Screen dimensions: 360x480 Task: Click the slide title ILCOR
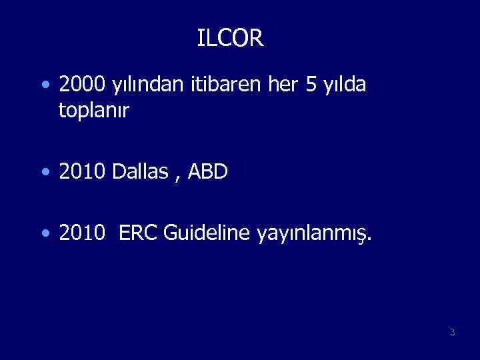click(231, 39)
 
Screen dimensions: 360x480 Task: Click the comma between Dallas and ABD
click(177, 177)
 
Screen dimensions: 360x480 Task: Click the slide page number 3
click(452, 332)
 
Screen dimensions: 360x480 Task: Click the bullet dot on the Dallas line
click(44, 173)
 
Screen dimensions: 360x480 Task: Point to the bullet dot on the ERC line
click(44, 234)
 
